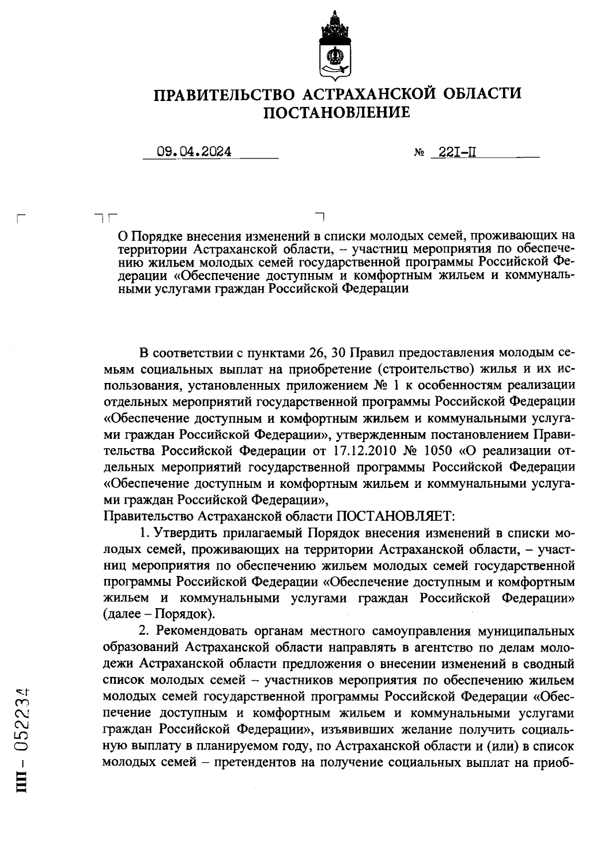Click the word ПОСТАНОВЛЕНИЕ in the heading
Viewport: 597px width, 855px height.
(x=337, y=113)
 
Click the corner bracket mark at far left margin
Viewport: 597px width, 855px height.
(x=20, y=218)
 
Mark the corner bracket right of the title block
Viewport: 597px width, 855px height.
(x=320, y=215)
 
